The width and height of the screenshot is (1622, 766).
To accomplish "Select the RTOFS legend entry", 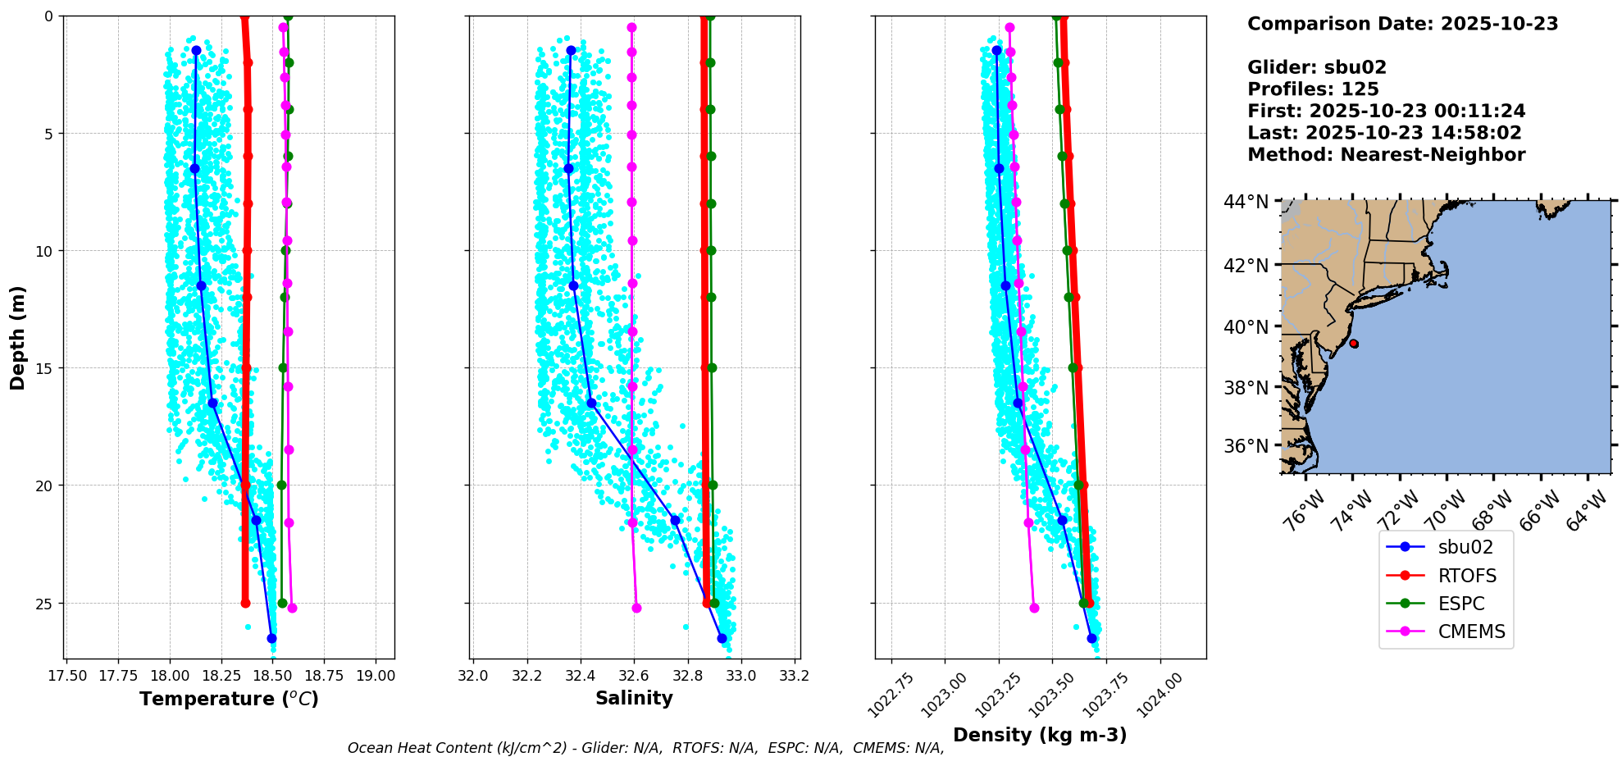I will click(1466, 576).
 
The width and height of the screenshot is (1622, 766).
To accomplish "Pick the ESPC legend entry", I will click(1460, 604).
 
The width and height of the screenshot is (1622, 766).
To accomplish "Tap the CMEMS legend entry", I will click(1471, 631).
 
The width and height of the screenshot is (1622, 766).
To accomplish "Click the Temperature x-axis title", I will click(229, 699).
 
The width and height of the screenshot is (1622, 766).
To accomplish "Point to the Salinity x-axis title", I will click(634, 698).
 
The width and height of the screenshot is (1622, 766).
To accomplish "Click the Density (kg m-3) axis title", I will click(1040, 735).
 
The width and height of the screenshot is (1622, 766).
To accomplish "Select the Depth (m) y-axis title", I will click(18, 338).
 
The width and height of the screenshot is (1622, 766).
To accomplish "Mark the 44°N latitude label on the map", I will click(1246, 202).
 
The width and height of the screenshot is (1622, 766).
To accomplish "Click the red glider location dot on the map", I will click(1353, 344).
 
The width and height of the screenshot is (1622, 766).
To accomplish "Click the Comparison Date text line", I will click(1402, 24).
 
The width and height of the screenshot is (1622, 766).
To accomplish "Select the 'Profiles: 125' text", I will click(1313, 89).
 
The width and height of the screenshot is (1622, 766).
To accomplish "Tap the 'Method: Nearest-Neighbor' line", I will click(1386, 155).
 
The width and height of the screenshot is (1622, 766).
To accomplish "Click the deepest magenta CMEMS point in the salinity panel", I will click(636, 608).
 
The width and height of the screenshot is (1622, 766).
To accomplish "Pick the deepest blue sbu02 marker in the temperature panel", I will click(271, 638).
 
